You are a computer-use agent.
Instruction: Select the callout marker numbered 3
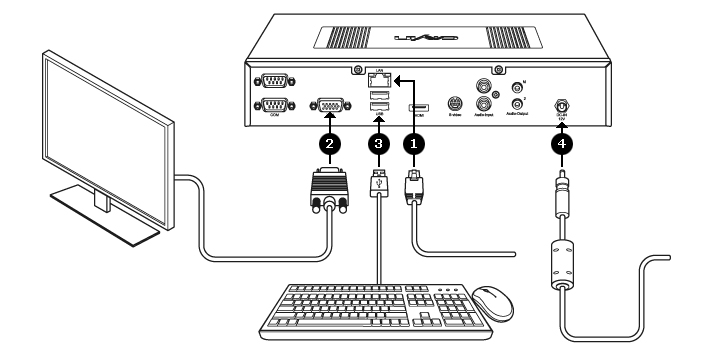378,144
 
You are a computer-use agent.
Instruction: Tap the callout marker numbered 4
564,144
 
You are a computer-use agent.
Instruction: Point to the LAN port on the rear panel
379,78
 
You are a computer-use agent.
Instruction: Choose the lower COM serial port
271,107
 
